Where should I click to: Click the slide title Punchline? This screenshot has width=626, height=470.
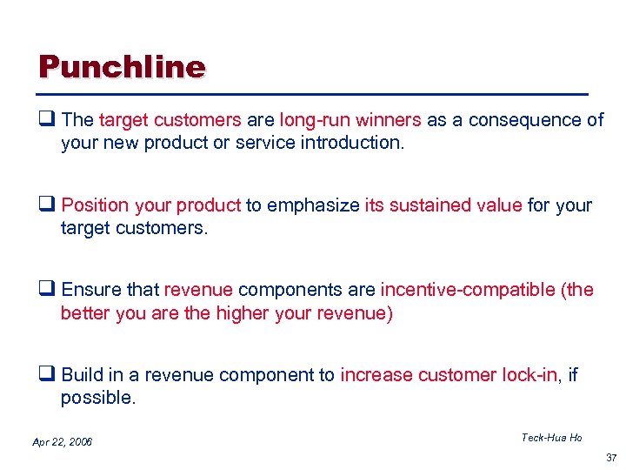click(x=122, y=67)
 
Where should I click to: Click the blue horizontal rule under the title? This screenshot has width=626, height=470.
click(x=313, y=93)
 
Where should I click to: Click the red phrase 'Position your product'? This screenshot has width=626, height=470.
click(x=151, y=205)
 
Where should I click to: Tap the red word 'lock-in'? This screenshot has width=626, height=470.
click(x=529, y=375)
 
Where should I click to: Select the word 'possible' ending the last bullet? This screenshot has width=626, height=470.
click(x=96, y=397)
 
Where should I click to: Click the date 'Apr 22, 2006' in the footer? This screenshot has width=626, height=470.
click(x=62, y=442)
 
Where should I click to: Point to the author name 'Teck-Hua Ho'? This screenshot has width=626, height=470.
click(x=551, y=438)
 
